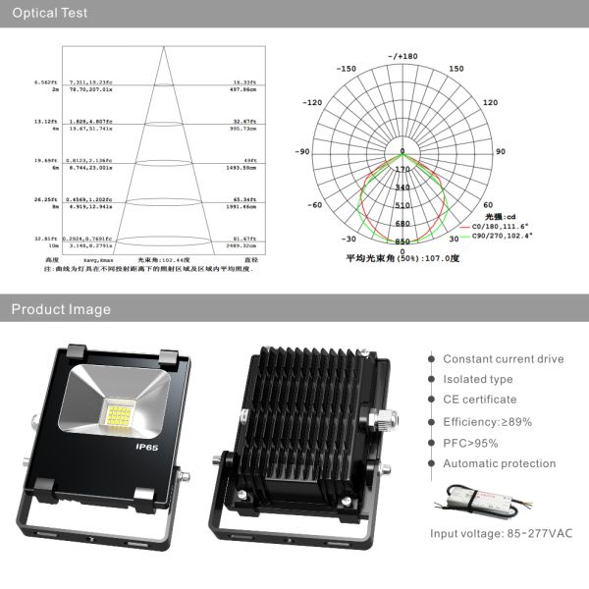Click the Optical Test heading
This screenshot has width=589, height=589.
pos(49,14)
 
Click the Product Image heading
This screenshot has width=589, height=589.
pos(61,309)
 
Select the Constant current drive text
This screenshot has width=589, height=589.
pos(503,359)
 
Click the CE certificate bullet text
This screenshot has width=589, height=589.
pos(479,400)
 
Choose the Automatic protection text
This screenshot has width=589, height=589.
pos(498,463)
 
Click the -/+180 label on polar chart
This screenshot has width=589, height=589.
pos(402,57)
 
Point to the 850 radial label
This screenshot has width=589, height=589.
pos(402,241)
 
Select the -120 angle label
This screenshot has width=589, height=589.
pos(313,102)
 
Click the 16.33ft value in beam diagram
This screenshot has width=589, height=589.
pos(243,83)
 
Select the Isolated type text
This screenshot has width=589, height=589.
pos(477,379)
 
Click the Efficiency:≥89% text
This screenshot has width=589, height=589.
pos(485,421)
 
